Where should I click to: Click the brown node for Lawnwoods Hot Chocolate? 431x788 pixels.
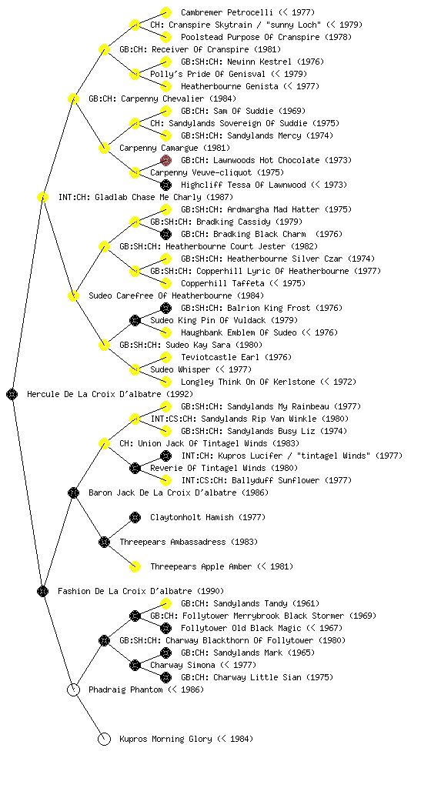tap(165, 160)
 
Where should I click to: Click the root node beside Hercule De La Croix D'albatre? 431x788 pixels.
tap(12, 394)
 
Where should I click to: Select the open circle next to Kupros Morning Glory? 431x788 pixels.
tap(104, 739)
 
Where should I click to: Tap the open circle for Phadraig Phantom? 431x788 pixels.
tap(73, 689)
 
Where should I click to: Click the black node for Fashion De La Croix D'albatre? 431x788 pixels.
tap(42, 591)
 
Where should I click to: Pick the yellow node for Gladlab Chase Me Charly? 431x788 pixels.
tap(42, 197)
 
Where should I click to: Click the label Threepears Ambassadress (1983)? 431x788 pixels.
tap(189, 542)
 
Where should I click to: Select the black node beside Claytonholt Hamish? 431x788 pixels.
tap(135, 517)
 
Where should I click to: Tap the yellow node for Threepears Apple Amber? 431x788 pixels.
tap(135, 566)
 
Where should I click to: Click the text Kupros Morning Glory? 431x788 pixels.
tap(166, 739)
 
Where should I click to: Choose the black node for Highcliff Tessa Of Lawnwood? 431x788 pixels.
tap(165, 185)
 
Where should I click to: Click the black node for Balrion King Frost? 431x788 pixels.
tap(165, 308)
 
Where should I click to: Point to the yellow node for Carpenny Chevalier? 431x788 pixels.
tap(73, 98)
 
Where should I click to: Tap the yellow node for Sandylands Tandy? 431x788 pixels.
tap(165, 603)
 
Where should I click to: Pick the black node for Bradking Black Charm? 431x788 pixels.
tap(165, 234)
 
